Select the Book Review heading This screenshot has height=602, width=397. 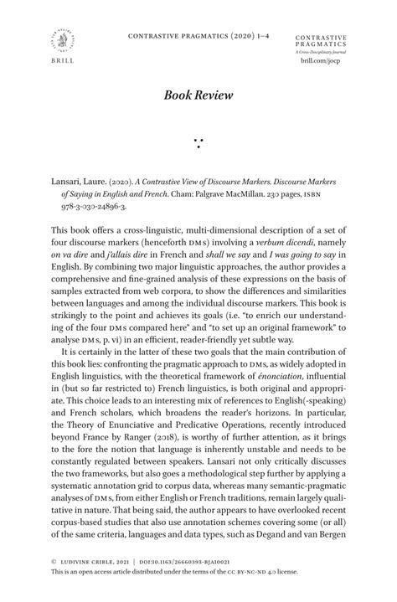coord(198,96)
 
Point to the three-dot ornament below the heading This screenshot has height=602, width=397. coord(198,143)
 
